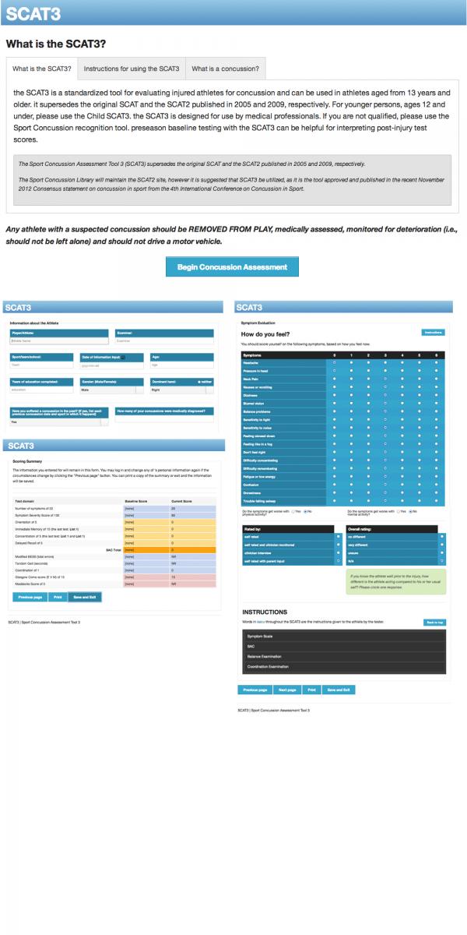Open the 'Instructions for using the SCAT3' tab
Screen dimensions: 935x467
point(132,69)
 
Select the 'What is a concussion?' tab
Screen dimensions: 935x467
point(225,69)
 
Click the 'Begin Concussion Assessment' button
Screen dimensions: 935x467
point(232,266)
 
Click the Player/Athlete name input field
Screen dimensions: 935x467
point(58,340)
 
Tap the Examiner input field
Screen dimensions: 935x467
point(163,340)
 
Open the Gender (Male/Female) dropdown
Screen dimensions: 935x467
point(109,390)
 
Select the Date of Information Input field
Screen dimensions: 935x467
point(109,365)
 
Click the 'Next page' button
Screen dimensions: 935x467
point(287,690)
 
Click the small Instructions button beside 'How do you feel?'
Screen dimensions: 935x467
point(433,332)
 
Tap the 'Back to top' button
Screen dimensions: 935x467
point(434,622)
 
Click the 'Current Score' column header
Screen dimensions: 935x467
point(182,501)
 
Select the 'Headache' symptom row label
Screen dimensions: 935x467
point(254,362)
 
